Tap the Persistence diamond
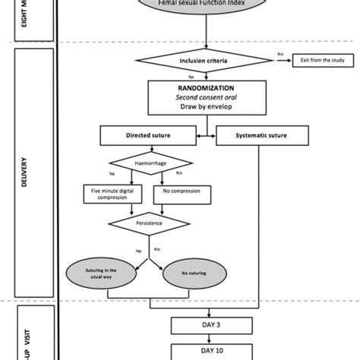tap(147, 225)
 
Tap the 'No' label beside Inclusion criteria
tap(280, 54)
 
